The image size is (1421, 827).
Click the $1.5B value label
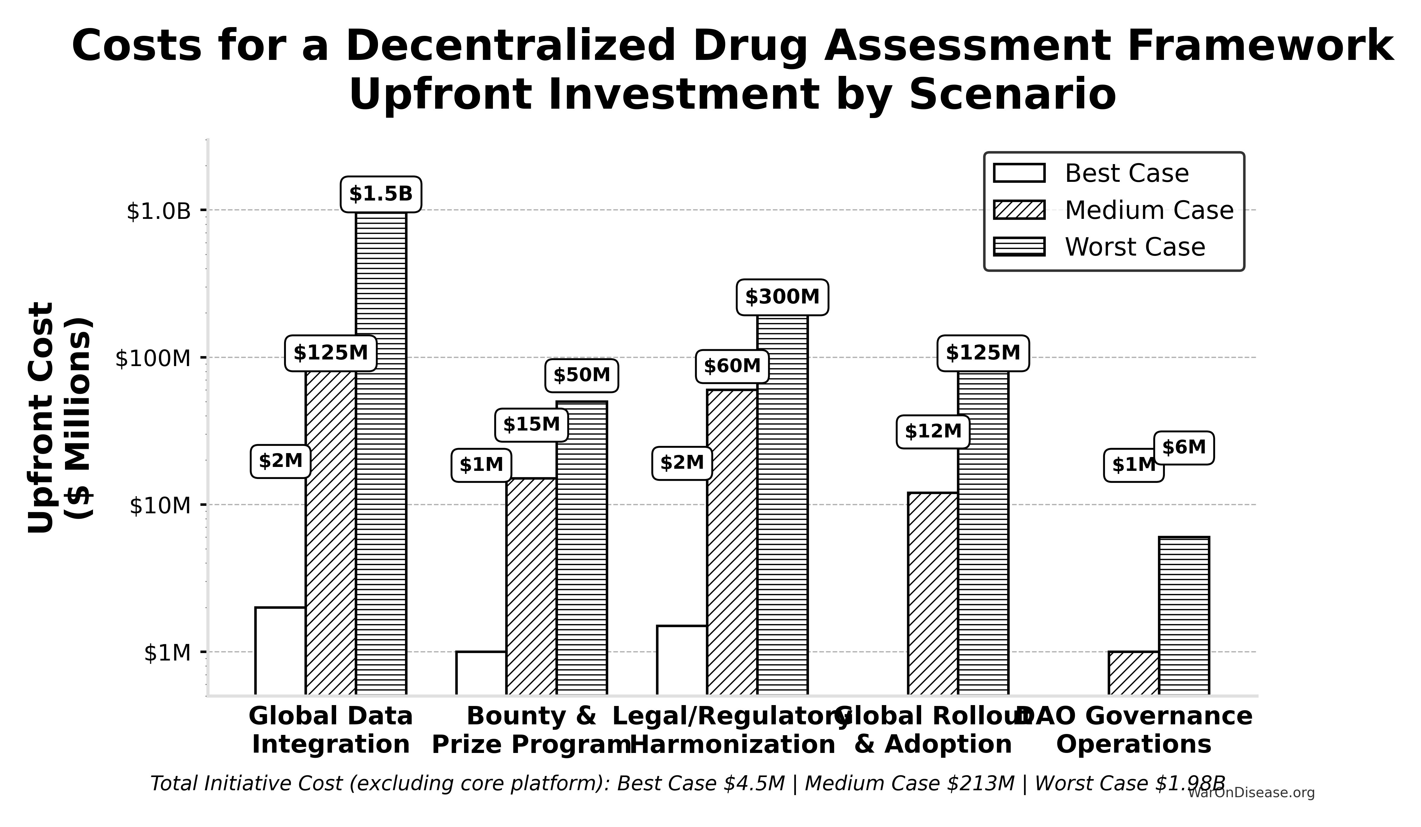[381, 194]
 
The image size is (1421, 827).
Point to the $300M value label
[782, 297]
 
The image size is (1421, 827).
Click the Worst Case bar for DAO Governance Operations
[1184, 615]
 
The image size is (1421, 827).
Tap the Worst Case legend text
[1135, 247]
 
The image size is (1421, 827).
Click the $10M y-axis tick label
[160, 505]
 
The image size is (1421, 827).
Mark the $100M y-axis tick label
[153, 358]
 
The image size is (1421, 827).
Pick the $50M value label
[581, 375]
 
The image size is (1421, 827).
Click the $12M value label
[933, 431]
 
